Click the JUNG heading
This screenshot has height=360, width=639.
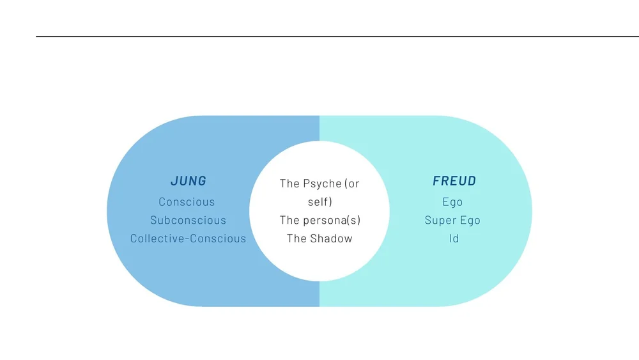189,181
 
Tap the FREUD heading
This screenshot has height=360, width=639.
454,181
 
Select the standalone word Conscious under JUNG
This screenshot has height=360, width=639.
187,202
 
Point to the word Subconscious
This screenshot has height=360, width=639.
188,221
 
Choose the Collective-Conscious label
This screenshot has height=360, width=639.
188,239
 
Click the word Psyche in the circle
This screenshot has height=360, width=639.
321,184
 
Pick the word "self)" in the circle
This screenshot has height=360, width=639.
319,202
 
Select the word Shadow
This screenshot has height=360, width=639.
331,239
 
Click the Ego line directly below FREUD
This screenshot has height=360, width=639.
452,202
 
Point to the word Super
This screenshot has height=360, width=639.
439,221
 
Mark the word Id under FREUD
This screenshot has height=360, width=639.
454,239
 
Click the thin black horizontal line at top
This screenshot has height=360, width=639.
319,36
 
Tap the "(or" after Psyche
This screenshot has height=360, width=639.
352,184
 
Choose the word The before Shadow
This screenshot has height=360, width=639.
296,239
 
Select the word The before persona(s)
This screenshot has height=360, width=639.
289,221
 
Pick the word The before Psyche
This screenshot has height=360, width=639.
289,184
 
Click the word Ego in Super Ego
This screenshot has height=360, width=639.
470,221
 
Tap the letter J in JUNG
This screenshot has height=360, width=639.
174,181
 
